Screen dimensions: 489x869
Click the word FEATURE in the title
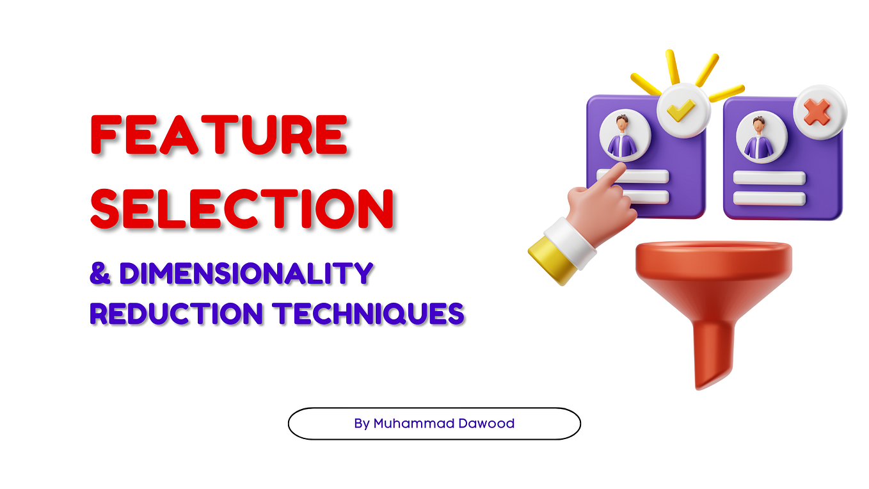219,135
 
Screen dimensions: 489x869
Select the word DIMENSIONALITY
246,273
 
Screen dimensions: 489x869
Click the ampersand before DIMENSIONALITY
100,273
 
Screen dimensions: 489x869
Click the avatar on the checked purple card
623,137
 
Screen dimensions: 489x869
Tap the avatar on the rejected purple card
760,138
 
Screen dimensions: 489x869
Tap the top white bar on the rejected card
769,178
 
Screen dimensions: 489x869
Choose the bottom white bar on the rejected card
769,198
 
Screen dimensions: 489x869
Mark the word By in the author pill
362,423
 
